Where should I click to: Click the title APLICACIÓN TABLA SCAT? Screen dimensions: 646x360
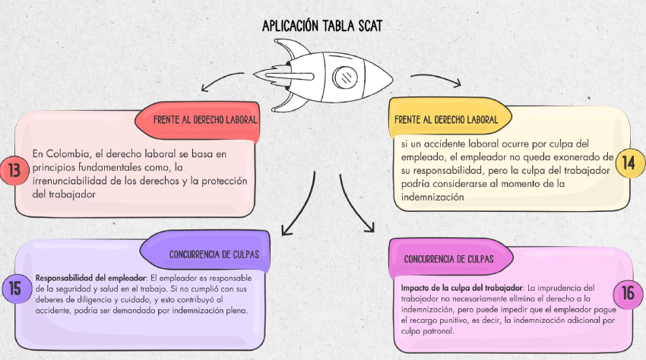click(x=322, y=26)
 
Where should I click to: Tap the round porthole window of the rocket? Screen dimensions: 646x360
click(x=344, y=77)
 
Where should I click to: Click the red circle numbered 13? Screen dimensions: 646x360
click(x=14, y=170)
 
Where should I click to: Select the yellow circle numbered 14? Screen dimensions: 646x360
click(x=629, y=163)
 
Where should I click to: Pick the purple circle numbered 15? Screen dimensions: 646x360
click(x=16, y=289)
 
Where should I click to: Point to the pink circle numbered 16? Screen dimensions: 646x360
click(x=628, y=293)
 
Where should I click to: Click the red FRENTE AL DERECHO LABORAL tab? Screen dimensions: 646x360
click(x=198, y=120)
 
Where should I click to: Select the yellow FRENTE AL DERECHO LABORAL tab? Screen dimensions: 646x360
click(x=450, y=119)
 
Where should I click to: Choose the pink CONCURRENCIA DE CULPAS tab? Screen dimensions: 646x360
click(x=451, y=258)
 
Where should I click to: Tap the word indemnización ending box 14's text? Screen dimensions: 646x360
click(x=432, y=197)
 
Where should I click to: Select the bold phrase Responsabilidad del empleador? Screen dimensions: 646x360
click(x=90, y=278)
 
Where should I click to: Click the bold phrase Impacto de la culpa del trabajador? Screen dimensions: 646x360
click(x=462, y=288)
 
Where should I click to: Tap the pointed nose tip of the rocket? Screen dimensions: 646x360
click(x=392, y=79)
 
